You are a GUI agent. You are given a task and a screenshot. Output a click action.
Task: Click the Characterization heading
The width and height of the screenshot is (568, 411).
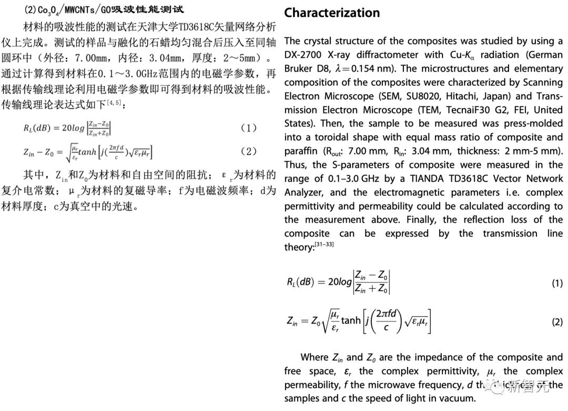(332, 13)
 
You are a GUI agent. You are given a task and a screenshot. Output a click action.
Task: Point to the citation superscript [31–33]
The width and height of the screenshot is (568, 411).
(324, 244)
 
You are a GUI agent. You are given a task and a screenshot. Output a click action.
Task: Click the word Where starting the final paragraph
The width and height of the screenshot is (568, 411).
(314, 357)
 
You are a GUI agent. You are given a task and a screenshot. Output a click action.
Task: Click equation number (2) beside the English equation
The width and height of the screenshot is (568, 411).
(557, 321)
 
